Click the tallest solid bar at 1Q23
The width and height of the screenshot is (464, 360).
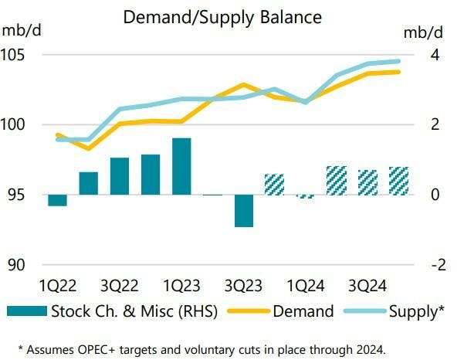(x=181, y=166)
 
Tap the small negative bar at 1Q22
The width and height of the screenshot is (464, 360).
(x=57, y=200)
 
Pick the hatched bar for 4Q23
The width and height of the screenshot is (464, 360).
(x=275, y=185)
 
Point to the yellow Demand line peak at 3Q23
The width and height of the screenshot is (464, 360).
(x=243, y=84)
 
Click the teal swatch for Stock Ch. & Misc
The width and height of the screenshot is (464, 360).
(x=26, y=311)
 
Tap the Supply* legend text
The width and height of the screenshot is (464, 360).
(x=418, y=311)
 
